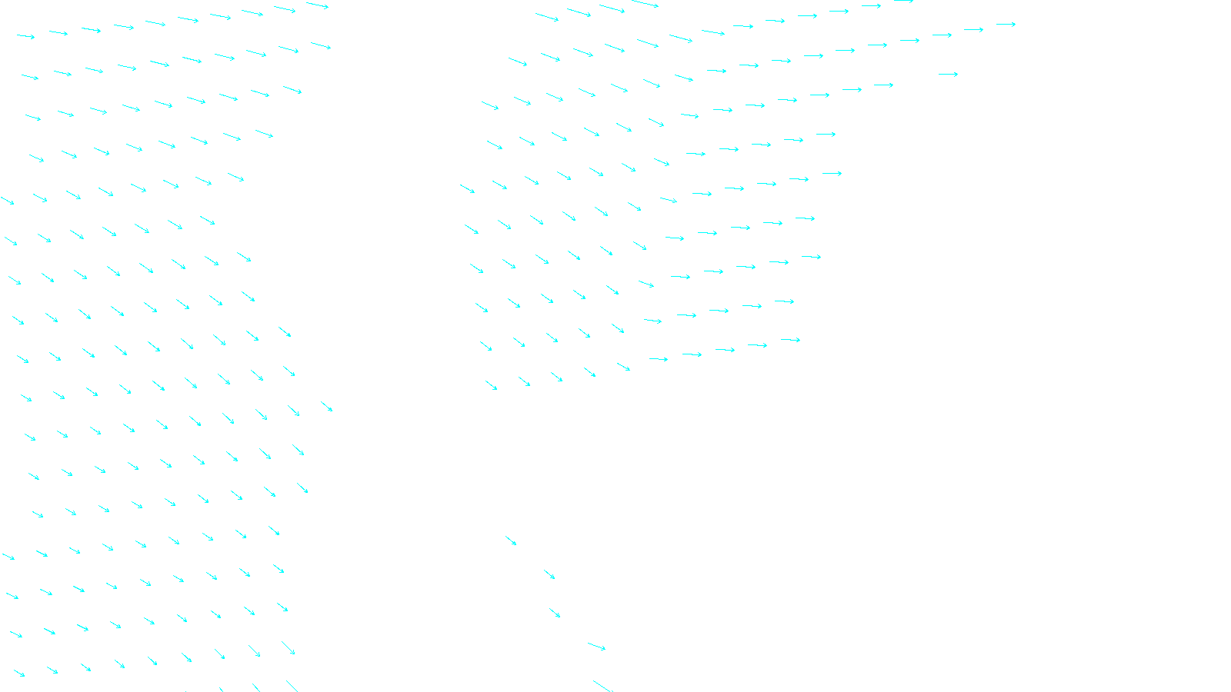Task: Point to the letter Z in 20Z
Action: pos(589,680)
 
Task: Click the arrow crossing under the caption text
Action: pos(604,687)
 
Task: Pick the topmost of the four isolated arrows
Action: pos(511,541)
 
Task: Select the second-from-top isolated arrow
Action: pos(549,574)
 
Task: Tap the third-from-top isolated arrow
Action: pos(555,613)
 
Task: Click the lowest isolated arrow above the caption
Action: pos(596,647)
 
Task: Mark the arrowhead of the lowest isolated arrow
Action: pos(604,649)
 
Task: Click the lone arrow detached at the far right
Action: pos(948,74)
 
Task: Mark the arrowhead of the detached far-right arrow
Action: pos(956,74)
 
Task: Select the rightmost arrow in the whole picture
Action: pos(1006,25)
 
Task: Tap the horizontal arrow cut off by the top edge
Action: pos(903,2)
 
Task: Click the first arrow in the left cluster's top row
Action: pos(26,36)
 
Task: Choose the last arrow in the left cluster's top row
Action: pos(317,5)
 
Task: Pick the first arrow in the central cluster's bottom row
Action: pos(491,384)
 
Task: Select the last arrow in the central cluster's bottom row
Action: pos(790,339)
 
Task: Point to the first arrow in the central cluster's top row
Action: pos(546,16)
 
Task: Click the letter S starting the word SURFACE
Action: pos(599,680)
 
